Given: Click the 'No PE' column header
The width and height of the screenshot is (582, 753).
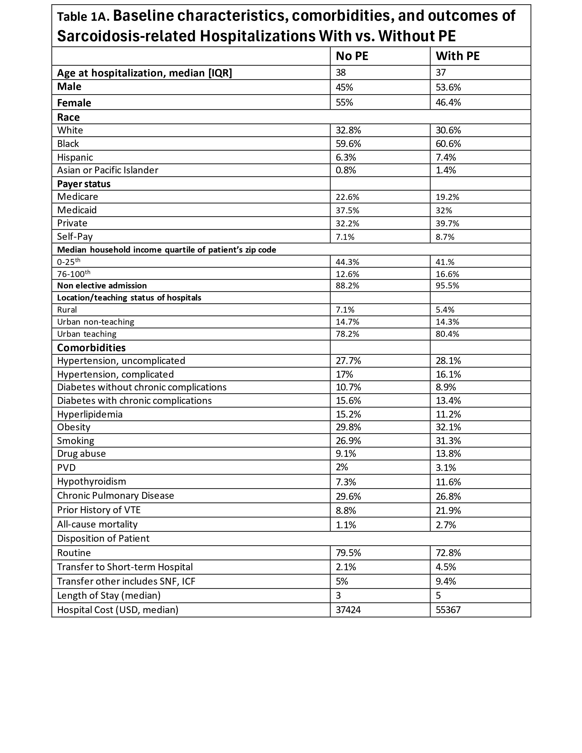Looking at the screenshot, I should coord(352,56).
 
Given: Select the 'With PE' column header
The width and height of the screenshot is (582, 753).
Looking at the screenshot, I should coord(458,56).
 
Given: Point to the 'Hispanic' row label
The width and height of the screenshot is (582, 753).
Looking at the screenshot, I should coord(75,157).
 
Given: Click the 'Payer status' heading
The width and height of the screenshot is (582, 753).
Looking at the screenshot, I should coord(84,184).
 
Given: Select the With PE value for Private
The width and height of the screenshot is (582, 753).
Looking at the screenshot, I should coord(447,223).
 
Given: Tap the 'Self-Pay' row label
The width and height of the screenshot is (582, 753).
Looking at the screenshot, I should coord(75,237).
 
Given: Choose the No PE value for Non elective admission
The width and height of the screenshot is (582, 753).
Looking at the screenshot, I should coord(347,285).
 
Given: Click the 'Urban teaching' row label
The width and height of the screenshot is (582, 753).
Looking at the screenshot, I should coord(87,334).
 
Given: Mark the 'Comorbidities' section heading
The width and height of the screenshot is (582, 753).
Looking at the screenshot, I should coord(91,348).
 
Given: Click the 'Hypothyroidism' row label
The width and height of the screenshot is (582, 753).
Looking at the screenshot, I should coord(91,481).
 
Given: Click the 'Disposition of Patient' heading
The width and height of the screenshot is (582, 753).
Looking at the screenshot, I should coord(103,539).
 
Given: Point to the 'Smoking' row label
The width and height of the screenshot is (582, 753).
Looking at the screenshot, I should coord(76,441).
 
